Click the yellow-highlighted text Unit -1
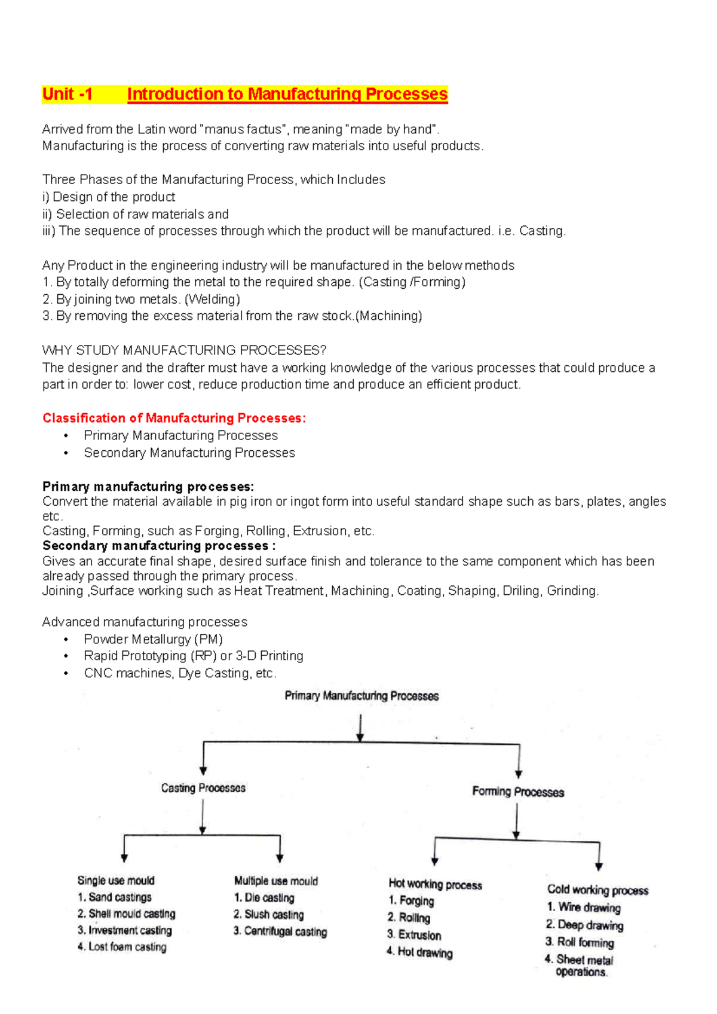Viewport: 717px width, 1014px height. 68,94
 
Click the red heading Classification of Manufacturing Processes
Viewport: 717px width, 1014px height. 174,418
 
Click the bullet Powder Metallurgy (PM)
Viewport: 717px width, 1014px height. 153,639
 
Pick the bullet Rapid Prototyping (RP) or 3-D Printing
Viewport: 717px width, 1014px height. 193,656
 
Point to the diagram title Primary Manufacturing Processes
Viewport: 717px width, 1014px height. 361,696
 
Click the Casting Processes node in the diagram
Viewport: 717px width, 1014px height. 203,788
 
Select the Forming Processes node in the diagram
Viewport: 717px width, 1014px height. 518,792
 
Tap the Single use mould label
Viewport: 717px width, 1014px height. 116,880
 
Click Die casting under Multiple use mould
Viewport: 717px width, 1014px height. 269,898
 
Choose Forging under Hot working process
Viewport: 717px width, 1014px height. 416,900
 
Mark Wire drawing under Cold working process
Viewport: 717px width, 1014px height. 589,908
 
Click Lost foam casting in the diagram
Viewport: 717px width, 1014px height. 127,947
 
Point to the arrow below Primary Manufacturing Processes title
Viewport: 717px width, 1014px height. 360,729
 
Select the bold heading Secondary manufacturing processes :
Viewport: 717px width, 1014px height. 159,546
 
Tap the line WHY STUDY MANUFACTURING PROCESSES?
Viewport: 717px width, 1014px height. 184,350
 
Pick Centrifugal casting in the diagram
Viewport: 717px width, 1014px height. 285,931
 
